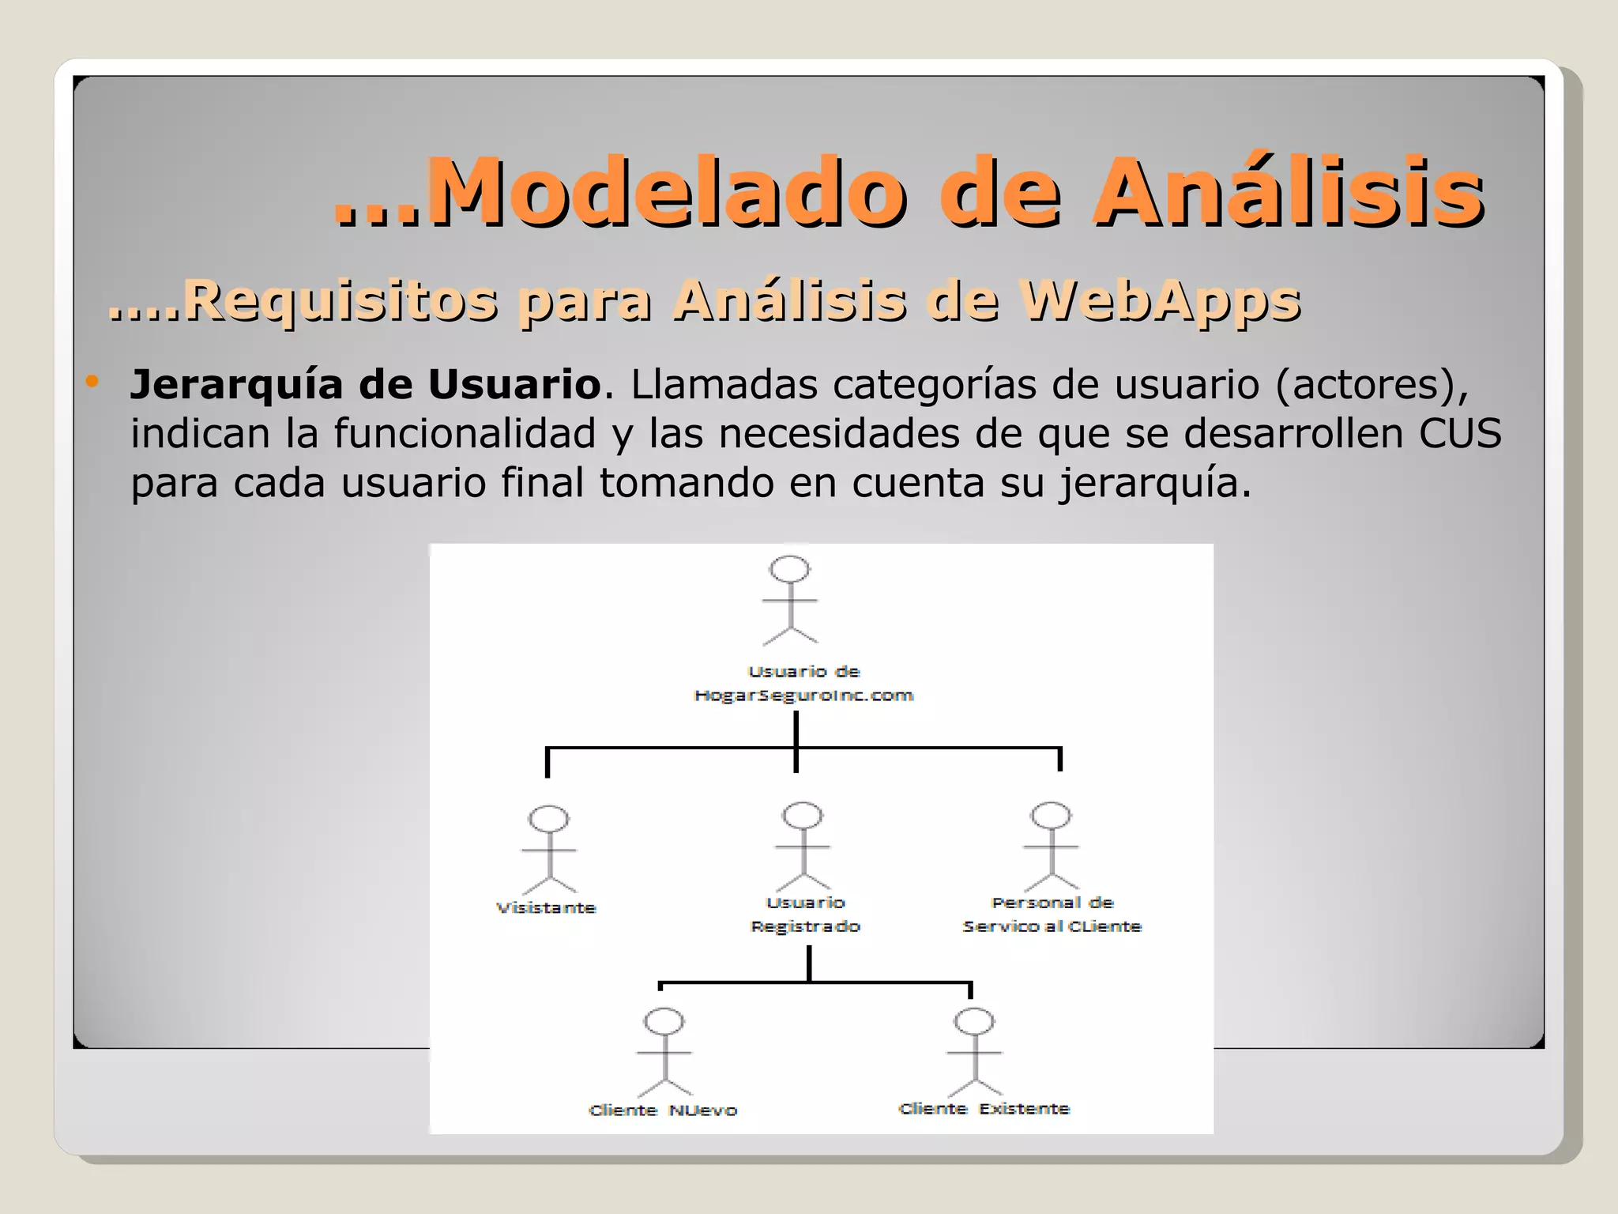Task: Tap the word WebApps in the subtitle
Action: [1159, 301]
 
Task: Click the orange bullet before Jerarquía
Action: [92, 382]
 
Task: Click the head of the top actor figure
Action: [790, 569]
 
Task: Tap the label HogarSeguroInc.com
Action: [803, 696]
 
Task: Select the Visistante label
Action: [546, 908]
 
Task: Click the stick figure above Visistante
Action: [549, 850]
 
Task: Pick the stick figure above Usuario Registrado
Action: [803, 846]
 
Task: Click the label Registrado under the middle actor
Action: [805, 926]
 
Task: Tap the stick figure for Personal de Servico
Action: [1051, 846]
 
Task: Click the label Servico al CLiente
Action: [1052, 926]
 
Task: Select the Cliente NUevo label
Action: [663, 1110]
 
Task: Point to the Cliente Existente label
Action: [984, 1109]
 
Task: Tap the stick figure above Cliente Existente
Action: [974, 1052]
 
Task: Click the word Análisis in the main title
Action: [1288, 192]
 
